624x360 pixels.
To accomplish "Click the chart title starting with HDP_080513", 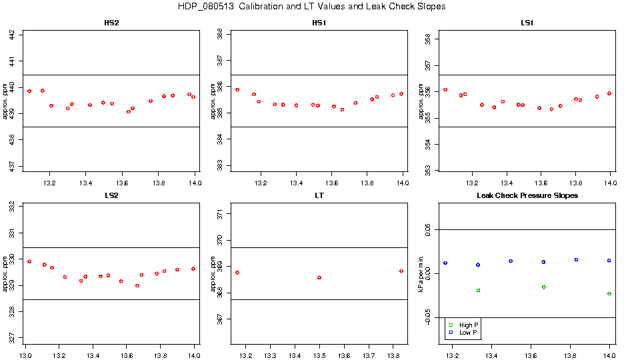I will [311, 7].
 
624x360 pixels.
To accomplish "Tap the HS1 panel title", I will [320, 23].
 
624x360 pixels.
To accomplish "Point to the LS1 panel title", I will [527, 23].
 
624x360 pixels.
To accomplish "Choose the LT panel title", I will [320, 196].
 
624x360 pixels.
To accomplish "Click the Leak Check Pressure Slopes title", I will [527, 196].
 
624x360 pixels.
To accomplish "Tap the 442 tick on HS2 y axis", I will [15, 35].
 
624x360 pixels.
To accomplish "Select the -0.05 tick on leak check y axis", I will [428, 318].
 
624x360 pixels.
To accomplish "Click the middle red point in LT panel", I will [319, 277].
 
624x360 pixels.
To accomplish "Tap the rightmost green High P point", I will [609, 294].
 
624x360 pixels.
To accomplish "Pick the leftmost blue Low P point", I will [445, 263].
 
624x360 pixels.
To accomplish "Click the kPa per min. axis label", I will [421, 273].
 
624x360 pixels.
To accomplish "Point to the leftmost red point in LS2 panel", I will [29, 261].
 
